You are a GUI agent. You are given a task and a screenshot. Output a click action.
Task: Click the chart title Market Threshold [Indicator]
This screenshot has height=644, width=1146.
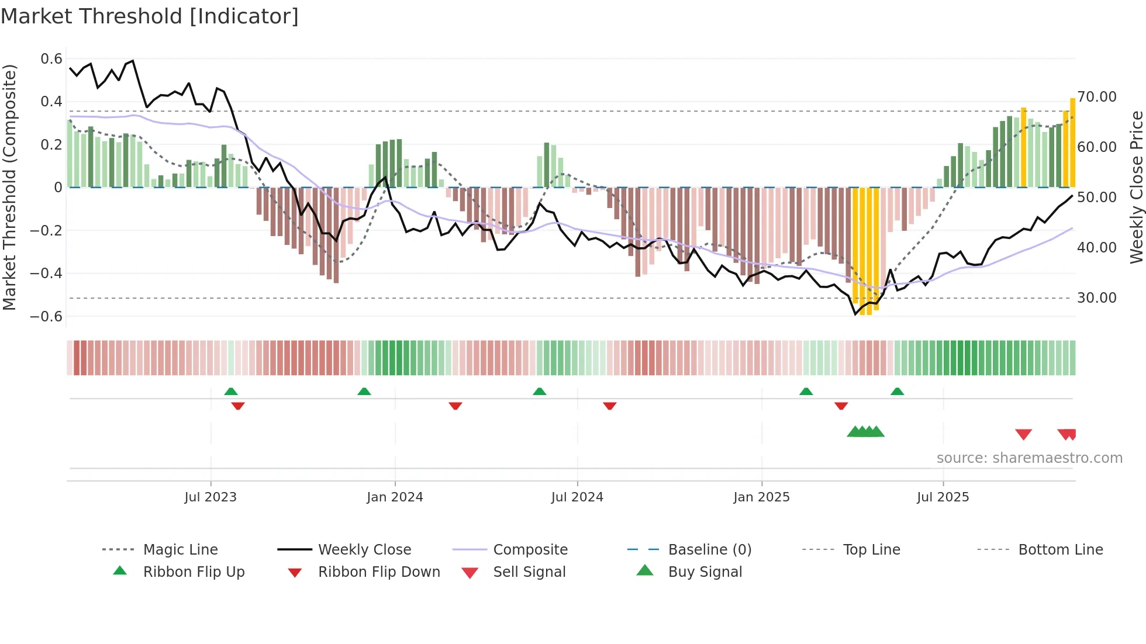click(150, 16)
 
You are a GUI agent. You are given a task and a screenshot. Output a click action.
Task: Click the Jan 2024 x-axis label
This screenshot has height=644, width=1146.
click(395, 497)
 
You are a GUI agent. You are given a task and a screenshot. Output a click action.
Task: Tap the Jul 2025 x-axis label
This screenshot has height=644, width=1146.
click(943, 497)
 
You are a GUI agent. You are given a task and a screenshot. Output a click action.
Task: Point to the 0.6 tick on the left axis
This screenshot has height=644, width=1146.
click(51, 58)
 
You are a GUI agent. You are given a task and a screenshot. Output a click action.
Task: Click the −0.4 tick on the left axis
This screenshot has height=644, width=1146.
click(46, 273)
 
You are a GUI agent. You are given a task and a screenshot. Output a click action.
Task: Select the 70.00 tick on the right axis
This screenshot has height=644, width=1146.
click(1096, 97)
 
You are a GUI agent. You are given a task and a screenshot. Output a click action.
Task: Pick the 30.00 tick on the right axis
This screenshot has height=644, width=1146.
click(1096, 298)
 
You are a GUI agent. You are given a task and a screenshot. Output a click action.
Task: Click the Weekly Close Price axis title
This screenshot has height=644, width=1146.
click(1136, 187)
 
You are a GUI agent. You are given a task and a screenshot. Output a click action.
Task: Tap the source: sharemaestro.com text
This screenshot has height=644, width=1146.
click(1029, 458)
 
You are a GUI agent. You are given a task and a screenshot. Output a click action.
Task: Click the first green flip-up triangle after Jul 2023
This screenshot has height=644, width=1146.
click(231, 392)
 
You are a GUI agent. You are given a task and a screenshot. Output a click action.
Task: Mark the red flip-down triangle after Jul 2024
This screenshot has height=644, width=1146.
click(610, 406)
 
